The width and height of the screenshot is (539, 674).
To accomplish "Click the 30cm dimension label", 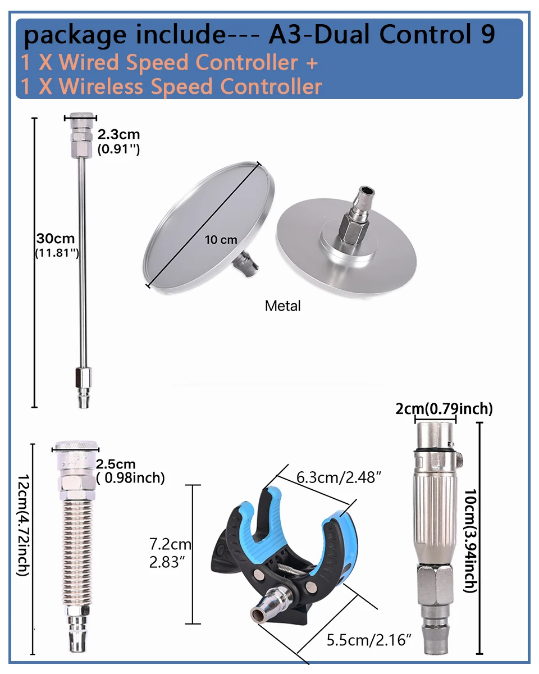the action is (56, 239).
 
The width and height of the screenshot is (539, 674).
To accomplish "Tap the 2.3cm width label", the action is (118, 135).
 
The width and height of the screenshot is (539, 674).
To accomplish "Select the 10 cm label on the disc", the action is (221, 240).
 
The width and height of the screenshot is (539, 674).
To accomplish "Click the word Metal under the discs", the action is (282, 306).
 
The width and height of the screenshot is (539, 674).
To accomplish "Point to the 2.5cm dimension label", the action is (116, 464).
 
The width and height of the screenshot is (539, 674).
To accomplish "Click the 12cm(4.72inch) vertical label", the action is (24, 525).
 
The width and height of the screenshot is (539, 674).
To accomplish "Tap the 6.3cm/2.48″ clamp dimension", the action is (339, 478).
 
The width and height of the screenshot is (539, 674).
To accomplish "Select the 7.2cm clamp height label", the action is (170, 544).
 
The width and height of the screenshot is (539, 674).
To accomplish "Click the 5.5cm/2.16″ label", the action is (369, 640).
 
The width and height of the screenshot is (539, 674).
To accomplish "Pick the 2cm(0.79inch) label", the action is (444, 409).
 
